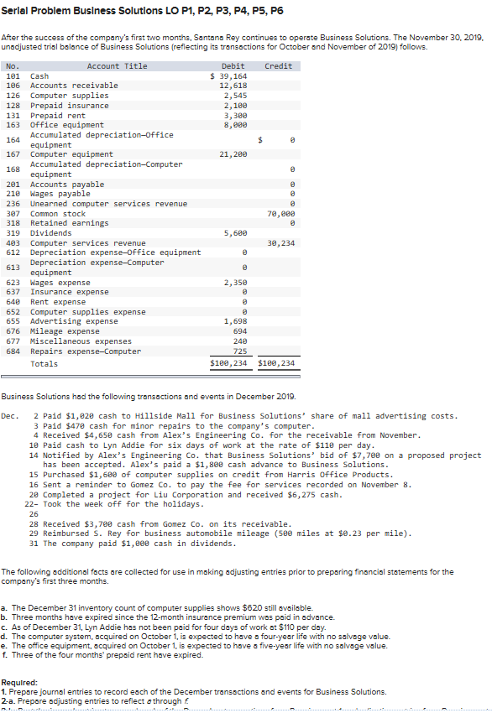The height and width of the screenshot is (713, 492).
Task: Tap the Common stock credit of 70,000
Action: click(x=281, y=214)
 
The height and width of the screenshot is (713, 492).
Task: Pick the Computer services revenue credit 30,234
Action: click(x=281, y=243)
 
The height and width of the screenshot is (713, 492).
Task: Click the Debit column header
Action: click(x=233, y=66)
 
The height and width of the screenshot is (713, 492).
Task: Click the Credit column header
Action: click(x=278, y=66)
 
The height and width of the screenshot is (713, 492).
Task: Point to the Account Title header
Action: click(x=117, y=66)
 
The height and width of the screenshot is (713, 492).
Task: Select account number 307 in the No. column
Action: click(x=13, y=214)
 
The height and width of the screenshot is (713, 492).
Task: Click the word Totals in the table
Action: click(x=44, y=363)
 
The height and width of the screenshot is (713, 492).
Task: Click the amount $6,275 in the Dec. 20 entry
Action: click(x=327, y=495)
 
